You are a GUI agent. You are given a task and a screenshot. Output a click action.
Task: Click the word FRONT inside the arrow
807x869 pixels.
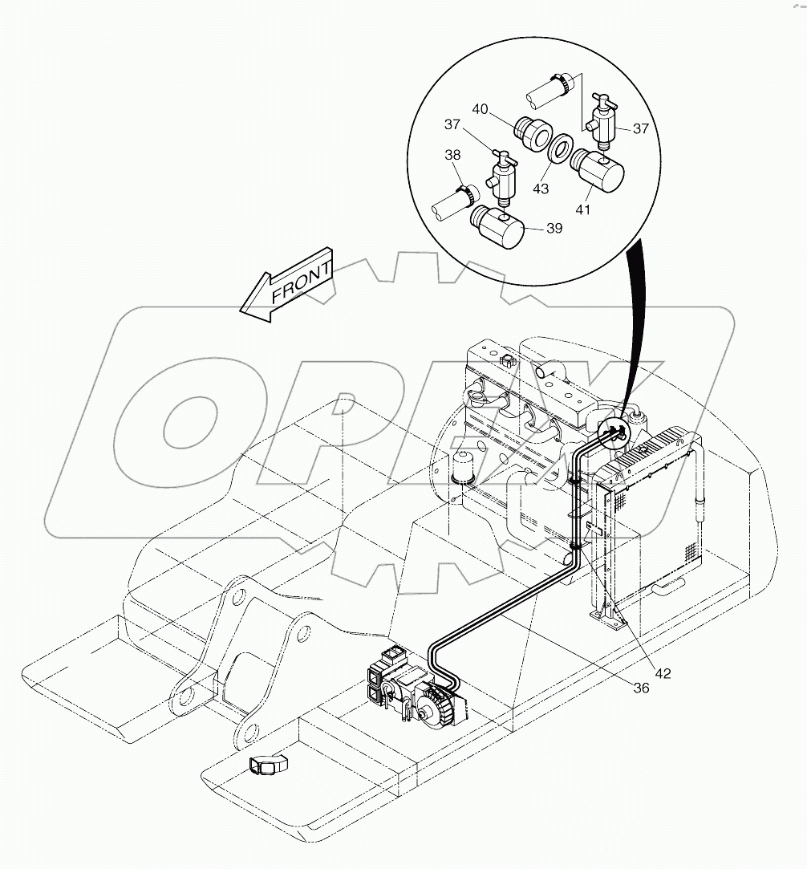[x=301, y=282]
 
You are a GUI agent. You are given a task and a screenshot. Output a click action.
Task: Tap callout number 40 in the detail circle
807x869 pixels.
[x=479, y=108]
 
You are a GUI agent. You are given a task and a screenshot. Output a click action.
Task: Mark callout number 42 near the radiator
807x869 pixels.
[x=662, y=672]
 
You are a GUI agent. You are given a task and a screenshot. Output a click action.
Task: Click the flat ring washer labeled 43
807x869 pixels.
[x=559, y=152]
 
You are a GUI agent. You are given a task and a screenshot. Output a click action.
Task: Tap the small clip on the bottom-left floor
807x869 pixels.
[x=264, y=765]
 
